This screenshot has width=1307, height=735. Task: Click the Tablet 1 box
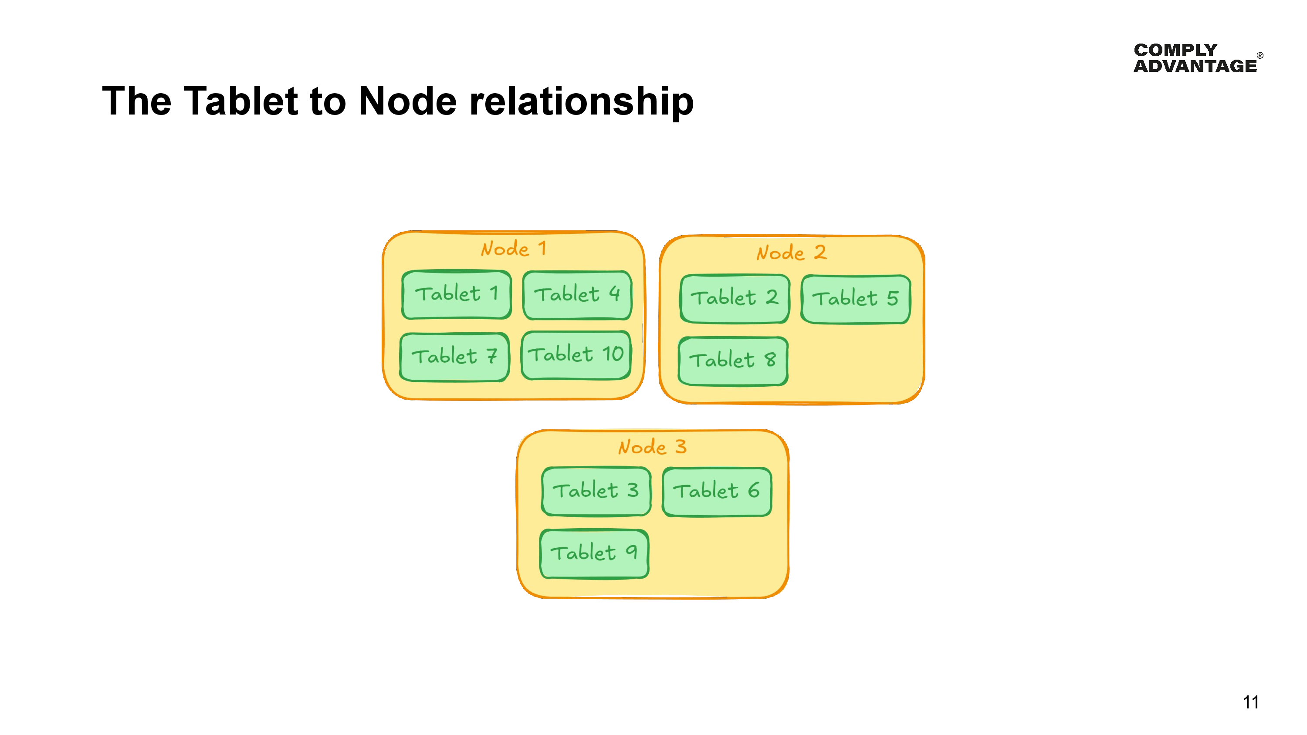456,294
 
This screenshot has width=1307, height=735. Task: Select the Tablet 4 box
577,295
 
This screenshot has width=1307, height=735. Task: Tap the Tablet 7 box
454,357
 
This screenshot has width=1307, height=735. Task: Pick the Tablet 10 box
576,354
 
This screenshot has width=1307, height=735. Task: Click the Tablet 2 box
734,298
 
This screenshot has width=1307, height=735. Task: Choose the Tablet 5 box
856,299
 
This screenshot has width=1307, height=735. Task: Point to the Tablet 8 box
733,361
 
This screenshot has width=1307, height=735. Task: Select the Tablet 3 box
596,491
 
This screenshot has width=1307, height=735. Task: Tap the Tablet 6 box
716,492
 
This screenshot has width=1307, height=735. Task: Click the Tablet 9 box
594,553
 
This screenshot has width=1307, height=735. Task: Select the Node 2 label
791,253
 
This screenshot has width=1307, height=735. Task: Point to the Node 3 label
652,447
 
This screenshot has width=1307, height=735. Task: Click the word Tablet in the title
240,101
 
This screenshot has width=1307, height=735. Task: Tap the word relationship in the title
582,101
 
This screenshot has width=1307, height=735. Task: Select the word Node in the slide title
407,101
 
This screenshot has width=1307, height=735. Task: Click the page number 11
1250,702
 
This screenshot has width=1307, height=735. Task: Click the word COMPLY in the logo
1175,50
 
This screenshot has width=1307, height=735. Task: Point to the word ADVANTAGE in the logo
1195,66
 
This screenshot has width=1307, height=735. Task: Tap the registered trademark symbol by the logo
1260,56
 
